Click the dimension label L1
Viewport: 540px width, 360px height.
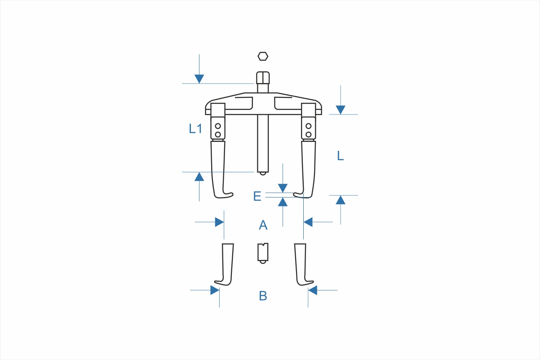195,128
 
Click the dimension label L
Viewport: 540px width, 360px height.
340,156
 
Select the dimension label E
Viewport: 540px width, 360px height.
257,196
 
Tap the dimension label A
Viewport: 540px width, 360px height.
263,225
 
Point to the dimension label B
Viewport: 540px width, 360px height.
263,296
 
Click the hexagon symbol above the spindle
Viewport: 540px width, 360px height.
263,57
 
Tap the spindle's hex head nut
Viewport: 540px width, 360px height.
263,78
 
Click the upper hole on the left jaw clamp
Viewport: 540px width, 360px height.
218,126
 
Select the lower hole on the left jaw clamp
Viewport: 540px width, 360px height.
218,134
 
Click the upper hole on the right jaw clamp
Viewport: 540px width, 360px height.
308,126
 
